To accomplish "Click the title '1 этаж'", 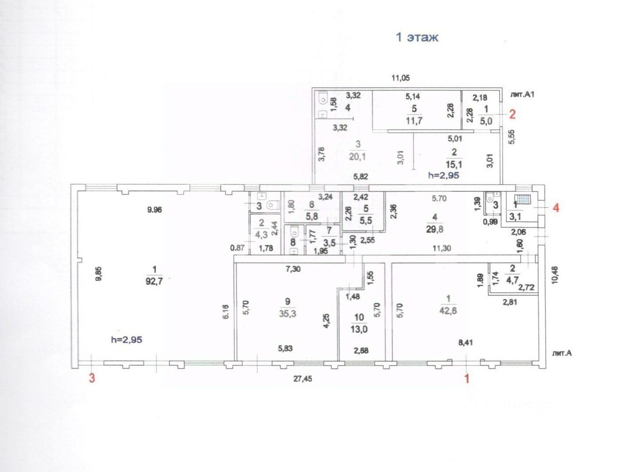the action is pos(417,38).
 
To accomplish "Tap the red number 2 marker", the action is pos(512,114).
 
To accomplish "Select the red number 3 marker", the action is pos(91,378).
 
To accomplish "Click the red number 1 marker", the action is pos(467,378).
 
